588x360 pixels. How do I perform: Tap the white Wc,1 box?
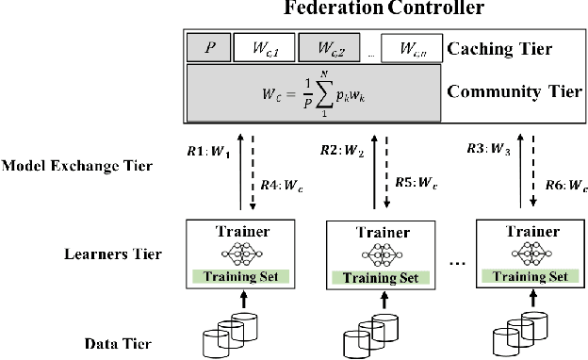coord(264,46)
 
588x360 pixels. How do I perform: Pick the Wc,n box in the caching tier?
coord(411,46)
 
